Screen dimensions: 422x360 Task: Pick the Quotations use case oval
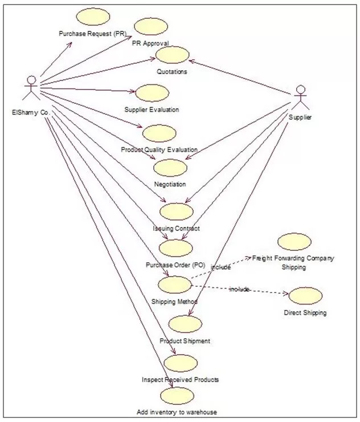[172, 56]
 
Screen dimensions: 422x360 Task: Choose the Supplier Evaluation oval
[151, 93]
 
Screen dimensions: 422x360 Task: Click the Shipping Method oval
[174, 284]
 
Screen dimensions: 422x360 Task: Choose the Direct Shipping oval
[306, 296]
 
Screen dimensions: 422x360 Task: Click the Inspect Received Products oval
[180, 362]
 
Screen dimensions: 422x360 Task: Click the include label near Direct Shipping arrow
[239, 290]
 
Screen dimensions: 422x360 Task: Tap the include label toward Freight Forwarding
[220, 267]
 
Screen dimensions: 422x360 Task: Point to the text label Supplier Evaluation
[152, 109]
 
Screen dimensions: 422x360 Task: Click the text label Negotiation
[170, 184]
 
